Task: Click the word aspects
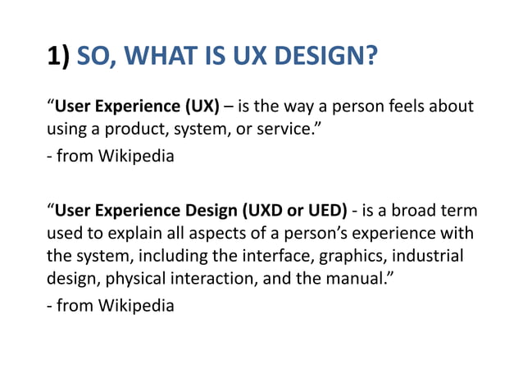pyautogui.click(x=232, y=233)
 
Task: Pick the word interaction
pyautogui.click(x=210, y=279)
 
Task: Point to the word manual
pyautogui.click(x=360, y=279)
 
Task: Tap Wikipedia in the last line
pyautogui.click(x=135, y=305)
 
